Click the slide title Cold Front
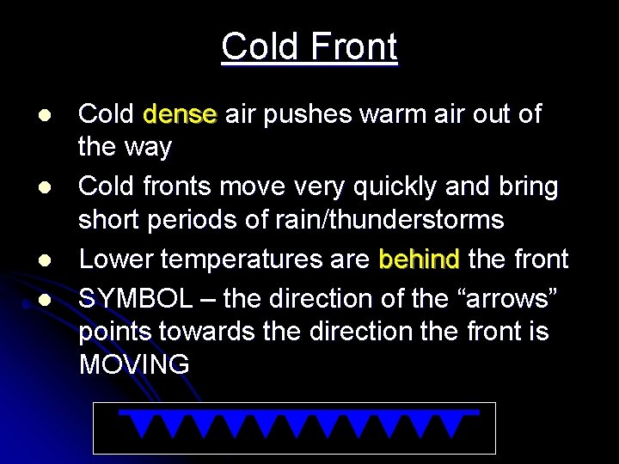[x=309, y=46]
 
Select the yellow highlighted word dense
[x=180, y=114]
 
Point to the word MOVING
[x=134, y=363]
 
